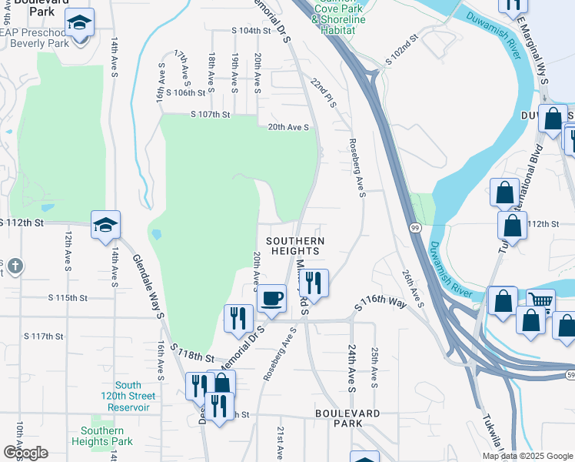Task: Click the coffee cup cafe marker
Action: click(x=271, y=298)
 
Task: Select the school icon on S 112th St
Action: click(x=106, y=226)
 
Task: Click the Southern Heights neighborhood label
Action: click(x=295, y=246)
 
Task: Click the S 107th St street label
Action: click(x=211, y=115)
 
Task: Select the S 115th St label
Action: click(x=68, y=297)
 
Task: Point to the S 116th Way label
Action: click(x=380, y=303)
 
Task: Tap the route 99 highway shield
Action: click(x=414, y=229)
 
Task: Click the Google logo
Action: click(x=25, y=452)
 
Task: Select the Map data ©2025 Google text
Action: click(x=527, y=456)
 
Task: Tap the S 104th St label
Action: click(x=251, y=31)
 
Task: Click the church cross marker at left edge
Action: click(x=15, y=266)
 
